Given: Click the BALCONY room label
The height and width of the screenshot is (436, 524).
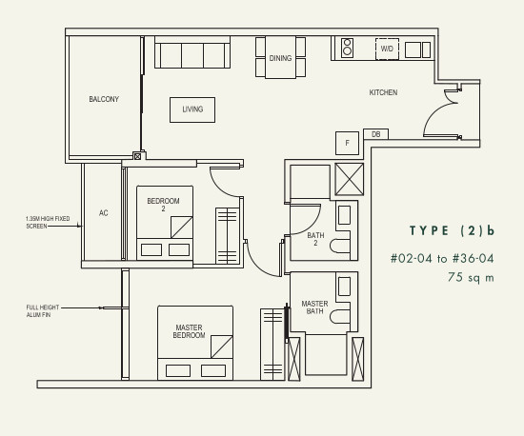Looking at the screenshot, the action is (x=104, y=99).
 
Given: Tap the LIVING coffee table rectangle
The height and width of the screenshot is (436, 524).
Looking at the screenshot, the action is (x=192, y=109).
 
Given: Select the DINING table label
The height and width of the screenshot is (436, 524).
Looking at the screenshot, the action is (x=280, y=58).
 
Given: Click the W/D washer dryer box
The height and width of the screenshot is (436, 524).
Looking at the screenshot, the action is (x=387, y=49).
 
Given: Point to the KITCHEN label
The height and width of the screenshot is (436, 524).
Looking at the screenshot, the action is (x=383, y=92).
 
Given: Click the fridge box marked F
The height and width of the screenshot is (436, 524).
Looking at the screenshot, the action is (x=347, y=143).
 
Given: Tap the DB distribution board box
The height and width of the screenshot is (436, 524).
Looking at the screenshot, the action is (x=376, y=134).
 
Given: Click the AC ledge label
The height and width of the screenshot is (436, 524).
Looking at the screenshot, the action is (x=104, y=213).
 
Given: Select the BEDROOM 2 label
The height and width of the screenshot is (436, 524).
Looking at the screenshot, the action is (x=163, y=205).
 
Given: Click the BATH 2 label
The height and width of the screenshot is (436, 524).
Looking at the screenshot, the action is (x=315, y=239).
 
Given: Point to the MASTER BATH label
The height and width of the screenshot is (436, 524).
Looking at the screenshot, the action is (x=314, y=307).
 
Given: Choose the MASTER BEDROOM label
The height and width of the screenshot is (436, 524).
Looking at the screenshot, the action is (x=190, y=331).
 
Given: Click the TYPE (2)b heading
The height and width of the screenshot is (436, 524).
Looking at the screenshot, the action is (x=452, y=230).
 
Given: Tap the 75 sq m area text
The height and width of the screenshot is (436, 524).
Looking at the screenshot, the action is (x=471, y=277).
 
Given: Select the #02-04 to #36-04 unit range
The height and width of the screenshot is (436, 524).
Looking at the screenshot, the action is (x=442, y=258).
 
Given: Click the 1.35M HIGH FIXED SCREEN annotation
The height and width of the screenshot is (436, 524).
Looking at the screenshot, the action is (x=48, y=223).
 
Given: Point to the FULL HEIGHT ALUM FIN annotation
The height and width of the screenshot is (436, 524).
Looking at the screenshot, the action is (x=43, y=310).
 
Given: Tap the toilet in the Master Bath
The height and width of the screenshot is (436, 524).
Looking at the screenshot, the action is (x=340, y=316).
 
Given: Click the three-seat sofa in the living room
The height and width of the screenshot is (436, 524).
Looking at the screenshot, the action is (x=192, y=52).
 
